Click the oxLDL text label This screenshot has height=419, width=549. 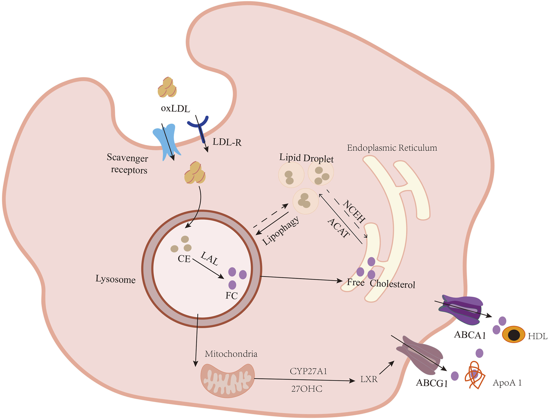pos(175,109)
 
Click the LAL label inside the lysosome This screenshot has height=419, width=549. pos(210,258)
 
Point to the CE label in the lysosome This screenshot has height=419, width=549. pos(184,259)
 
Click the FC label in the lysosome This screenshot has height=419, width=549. pos(232,296)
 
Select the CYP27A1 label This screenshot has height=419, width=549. pos(308,371)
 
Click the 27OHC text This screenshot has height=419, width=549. pos(306,389)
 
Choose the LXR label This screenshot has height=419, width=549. pos(369,380)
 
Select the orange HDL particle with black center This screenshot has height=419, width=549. pos(513,334)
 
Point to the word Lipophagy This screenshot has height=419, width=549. pos(281,231)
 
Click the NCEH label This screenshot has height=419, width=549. pos(354,211)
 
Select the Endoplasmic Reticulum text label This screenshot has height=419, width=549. pos(392,148)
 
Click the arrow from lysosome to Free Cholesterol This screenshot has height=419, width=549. pos(302,279)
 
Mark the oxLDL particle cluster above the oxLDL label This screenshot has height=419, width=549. pos(167,88)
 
